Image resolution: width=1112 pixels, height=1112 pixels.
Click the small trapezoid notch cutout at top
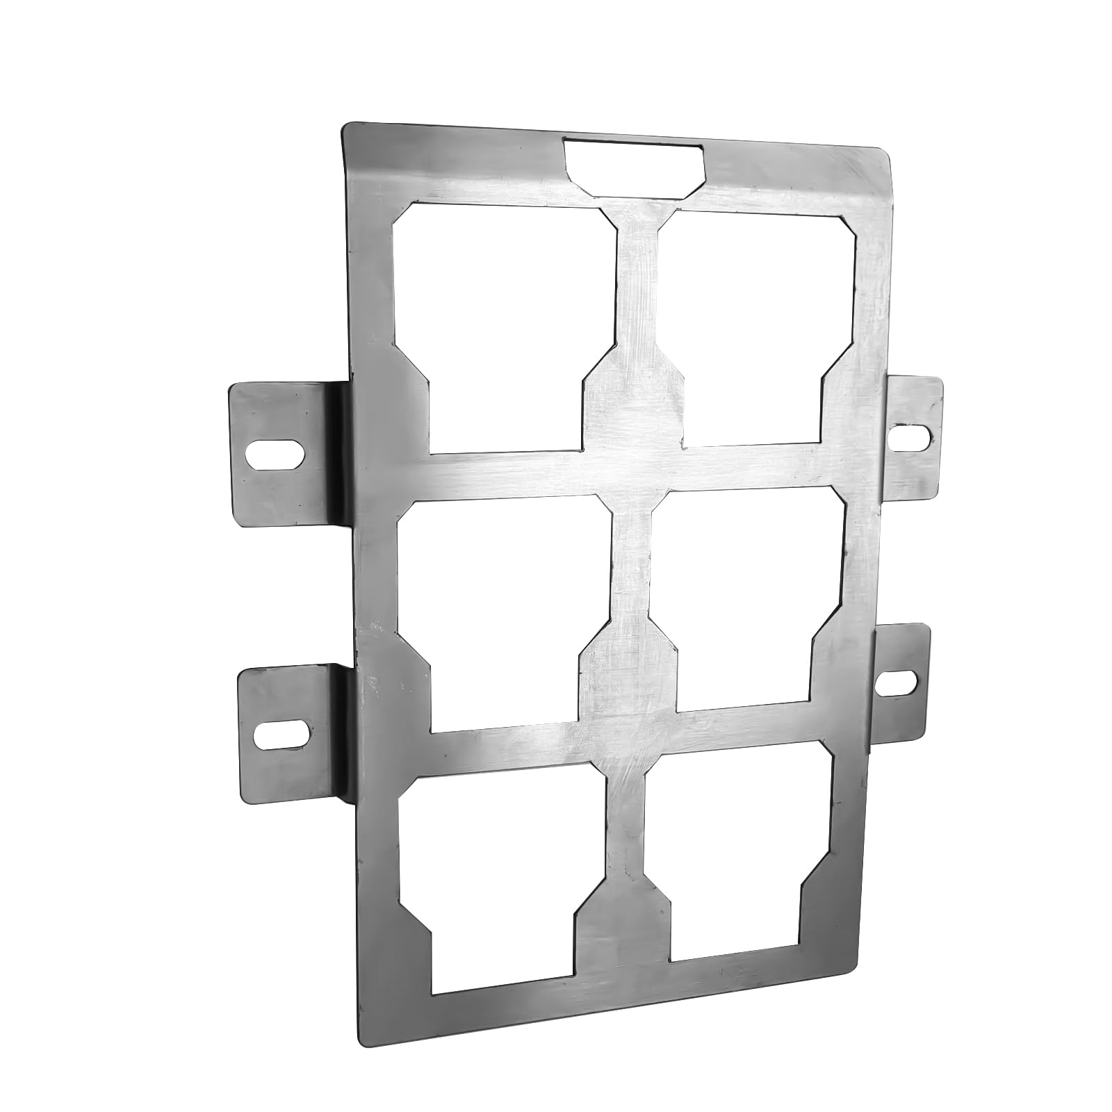click(x=634, y=164)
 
